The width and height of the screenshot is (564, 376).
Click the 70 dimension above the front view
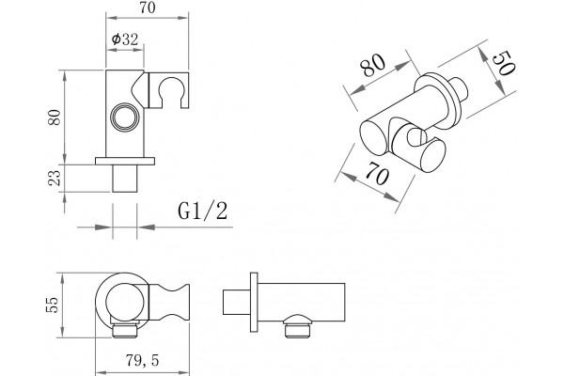[148, 8]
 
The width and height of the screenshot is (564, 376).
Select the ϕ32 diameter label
[125, 39]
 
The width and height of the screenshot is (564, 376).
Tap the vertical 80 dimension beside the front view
[55, 117]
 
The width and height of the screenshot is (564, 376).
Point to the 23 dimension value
[55, 178]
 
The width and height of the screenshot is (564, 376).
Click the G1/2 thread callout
[203, 211]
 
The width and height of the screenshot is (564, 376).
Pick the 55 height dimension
[52, 305]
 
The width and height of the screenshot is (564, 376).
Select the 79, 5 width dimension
[143, 360]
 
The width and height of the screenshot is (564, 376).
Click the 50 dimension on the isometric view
[504, 63]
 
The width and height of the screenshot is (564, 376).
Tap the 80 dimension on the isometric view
[373, 65]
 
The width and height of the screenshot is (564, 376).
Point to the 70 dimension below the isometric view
[377, 173]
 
